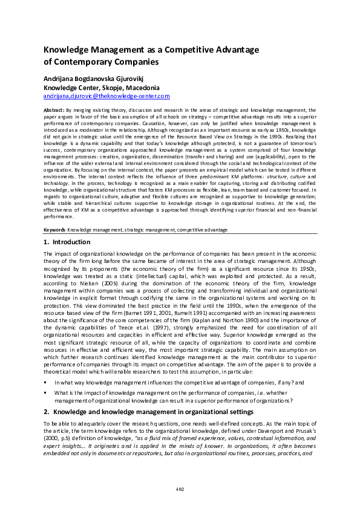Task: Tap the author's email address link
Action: pos(106,96)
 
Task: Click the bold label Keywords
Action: pos(54,230)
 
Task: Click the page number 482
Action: pos(180,488)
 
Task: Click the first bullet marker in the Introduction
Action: pos(46,383)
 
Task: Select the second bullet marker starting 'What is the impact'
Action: pos(46,392)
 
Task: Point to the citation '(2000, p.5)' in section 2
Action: pos(59,436)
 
